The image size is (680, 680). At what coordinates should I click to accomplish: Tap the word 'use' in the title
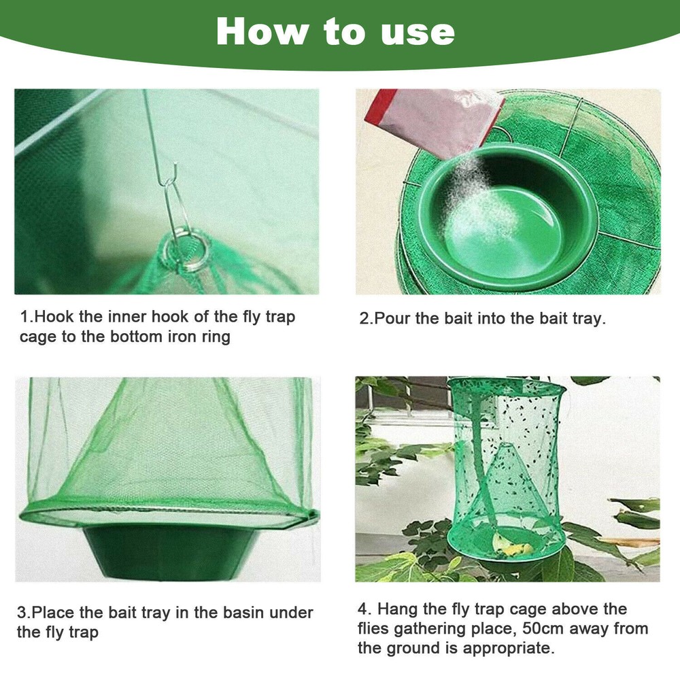[x=420, y=33]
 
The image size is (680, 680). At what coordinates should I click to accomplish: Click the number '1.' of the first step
[x=26, y=317]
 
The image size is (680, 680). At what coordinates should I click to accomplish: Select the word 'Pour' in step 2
[x=390, y=318]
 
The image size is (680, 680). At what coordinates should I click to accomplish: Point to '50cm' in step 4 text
[x=537, y=628]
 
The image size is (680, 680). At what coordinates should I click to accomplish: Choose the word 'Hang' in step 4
[x=395, y=609]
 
